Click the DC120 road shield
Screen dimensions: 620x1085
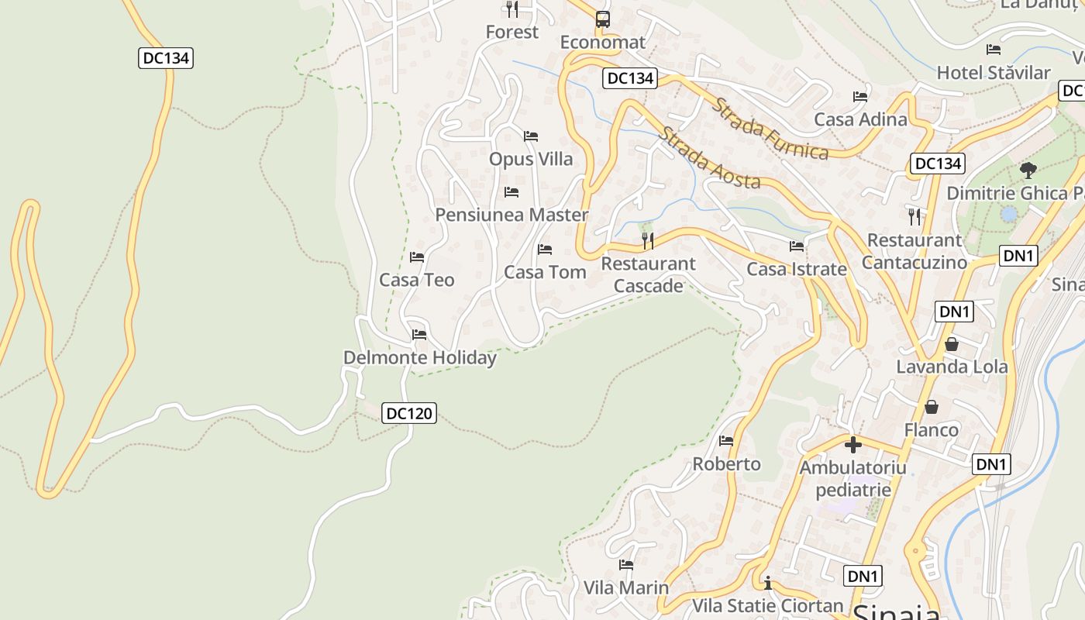point(409,413)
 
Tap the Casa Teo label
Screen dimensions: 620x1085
point(417,280)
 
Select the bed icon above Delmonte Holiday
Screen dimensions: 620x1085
point(419,335)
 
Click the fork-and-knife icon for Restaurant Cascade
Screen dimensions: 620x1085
point(648,241)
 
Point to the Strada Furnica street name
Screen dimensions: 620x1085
point(770,128)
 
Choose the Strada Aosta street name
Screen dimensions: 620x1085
point(709,158)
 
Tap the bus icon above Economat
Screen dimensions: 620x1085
point(603,19)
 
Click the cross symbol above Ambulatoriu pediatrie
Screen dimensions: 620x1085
point(853,445)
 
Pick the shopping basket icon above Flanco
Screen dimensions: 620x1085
point(932,407)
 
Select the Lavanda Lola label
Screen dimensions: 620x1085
point(952,367)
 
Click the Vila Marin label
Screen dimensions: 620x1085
point(626,587)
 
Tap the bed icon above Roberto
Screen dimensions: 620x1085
point(726,441)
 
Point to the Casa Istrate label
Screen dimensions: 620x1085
point(797,269)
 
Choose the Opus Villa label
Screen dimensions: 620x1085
point(531,159)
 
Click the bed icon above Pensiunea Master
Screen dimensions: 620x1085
point(511,191)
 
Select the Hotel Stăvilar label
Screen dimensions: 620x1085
point(994,73)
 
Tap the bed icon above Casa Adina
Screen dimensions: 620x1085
point(860,97)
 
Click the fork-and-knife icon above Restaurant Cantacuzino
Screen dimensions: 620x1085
point(914,216)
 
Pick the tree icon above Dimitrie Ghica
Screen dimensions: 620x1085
point(1028,170)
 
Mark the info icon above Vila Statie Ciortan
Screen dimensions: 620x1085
point(767,582)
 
